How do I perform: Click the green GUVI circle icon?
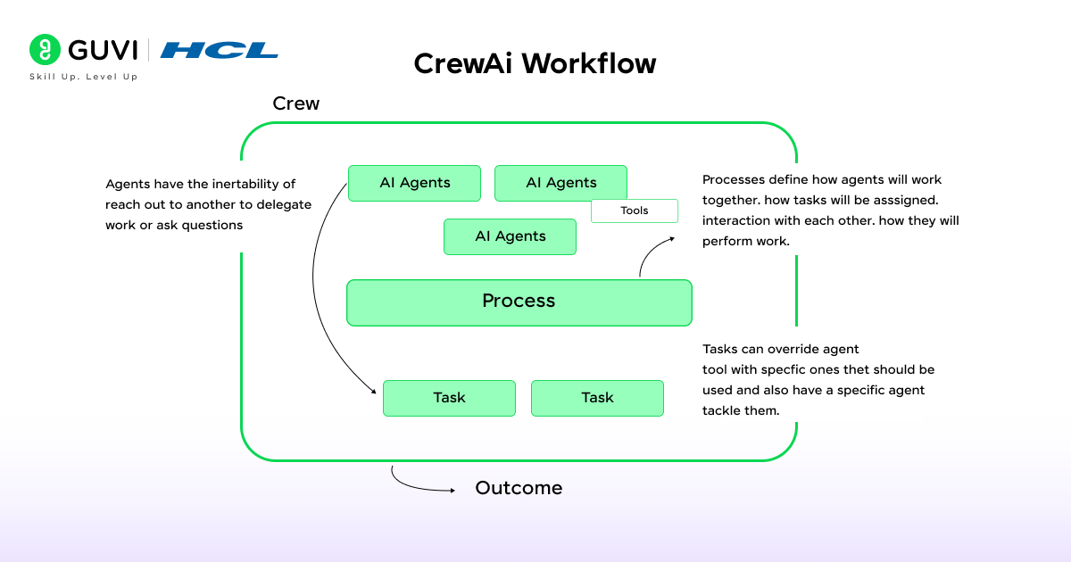(45, 50)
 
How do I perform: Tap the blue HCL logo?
(219, 50)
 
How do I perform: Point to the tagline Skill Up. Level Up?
(84, 77)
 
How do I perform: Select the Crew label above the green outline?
(295, 103)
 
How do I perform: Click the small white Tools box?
(635, 211)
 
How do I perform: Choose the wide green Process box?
(519, 302)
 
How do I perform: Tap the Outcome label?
(519, 488)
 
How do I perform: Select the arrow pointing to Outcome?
(419, 484)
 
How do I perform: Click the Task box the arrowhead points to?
(449, 398)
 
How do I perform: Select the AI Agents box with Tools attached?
(560, 183)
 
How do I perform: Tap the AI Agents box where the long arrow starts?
(414, 183)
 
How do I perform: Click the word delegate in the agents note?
(284, 204)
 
